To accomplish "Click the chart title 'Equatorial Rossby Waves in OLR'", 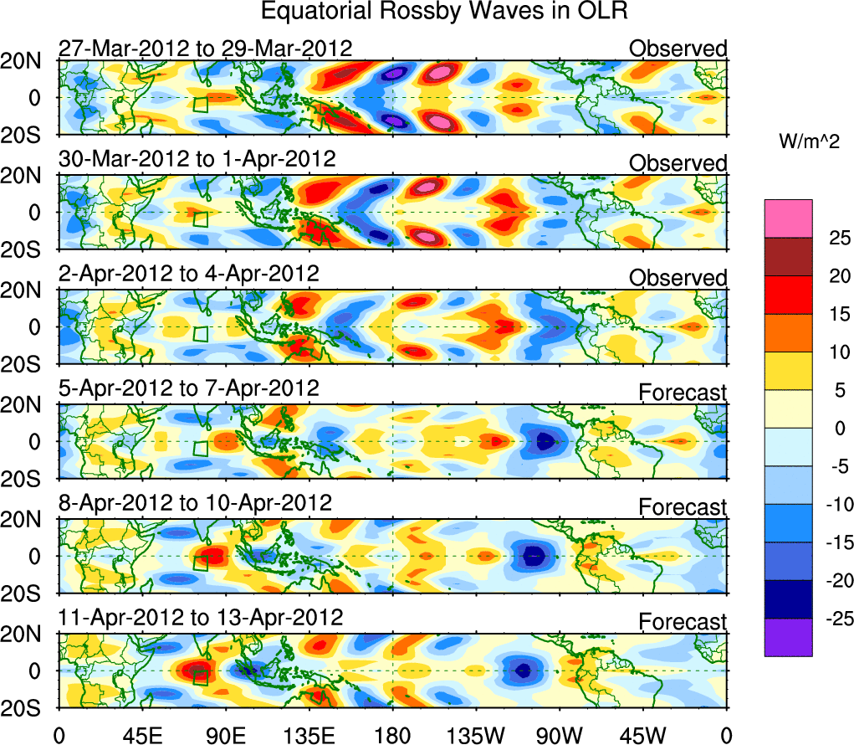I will (444, 12).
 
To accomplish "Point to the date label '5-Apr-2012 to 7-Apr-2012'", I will (188, 388).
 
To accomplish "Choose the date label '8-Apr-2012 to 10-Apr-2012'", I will (195, 503).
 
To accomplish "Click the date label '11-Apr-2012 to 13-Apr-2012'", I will (201, 618).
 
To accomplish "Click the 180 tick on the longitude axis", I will (392, 736).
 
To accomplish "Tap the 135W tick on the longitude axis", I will (476, 736).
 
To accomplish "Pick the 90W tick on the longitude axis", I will (560, 736).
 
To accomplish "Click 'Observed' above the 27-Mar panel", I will (678, 49).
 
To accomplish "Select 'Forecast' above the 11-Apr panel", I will (683, 621).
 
